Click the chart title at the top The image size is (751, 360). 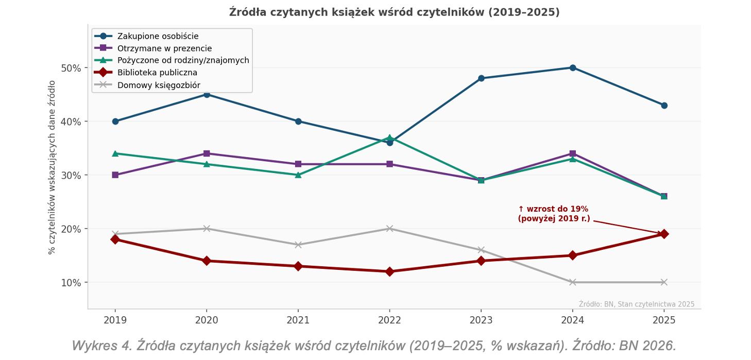[394, 12]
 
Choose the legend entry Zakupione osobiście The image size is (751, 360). [158, 36]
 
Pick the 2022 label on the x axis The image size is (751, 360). [389, 320]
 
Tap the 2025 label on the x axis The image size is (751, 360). [664, 320]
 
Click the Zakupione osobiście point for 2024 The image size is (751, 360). [572, 67]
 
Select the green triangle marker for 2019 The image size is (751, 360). [115, 153]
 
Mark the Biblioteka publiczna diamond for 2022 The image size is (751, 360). [389, 271]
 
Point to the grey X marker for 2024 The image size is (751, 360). [572, 282]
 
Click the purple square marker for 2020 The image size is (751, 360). [207, 153]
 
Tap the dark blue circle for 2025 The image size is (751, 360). [664, 106]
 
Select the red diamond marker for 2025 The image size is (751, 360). [664, 234]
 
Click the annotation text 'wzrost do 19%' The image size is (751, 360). [553, 209]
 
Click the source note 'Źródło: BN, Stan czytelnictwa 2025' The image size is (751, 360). [636, 304]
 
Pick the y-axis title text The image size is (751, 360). [52, 167]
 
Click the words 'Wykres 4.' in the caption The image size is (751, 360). [101, 345]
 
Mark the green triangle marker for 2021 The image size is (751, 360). [298, 175]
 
